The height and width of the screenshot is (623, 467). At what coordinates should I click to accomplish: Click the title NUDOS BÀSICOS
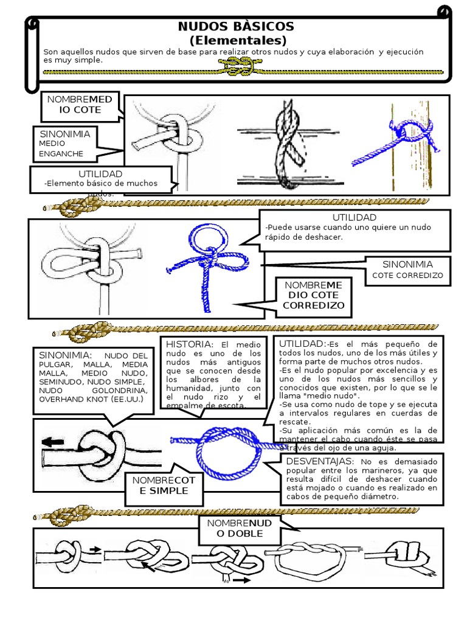236,27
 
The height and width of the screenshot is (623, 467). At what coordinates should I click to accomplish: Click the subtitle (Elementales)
237,41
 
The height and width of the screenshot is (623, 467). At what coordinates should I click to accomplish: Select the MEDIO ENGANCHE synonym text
61,148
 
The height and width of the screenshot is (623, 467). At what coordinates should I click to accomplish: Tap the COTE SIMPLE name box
164,486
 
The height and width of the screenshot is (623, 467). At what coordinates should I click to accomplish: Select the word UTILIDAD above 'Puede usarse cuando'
354,217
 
